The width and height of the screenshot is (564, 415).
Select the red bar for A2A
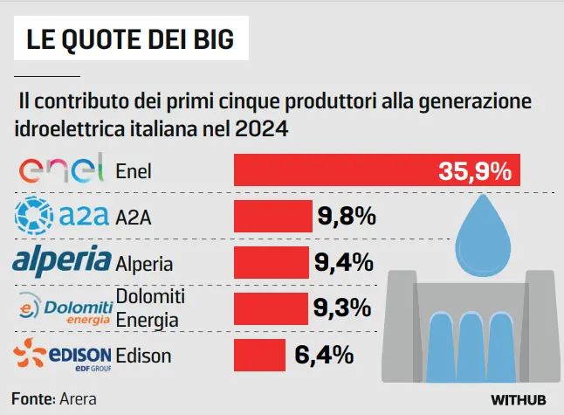(x=273, y=216)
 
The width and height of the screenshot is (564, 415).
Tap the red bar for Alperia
(x=272, y=262)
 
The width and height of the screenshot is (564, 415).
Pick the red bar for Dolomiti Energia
(x=272, y=308)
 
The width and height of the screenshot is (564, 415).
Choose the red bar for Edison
(x=259, y=354)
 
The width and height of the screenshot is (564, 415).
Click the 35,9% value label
(x=474, y=171)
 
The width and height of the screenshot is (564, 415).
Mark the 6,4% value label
(x=324, y=354)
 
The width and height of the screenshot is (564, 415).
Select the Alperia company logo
(x=61, y=261)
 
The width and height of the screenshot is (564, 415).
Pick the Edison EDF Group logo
(x=62, y=355)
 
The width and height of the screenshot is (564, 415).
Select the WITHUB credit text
(x=518, y=399)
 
